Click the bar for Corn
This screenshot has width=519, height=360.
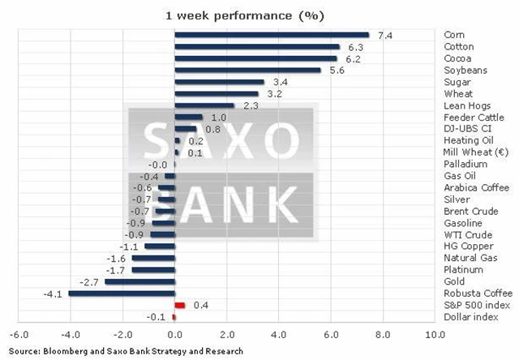(272, 35)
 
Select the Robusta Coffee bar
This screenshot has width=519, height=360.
(122, 293)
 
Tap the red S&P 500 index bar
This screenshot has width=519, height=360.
(180, 305)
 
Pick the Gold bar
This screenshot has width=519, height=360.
(139, 281)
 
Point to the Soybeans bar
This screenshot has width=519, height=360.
(248, 71)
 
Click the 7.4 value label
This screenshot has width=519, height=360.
(384, 35)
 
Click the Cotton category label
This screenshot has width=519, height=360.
(459, 46)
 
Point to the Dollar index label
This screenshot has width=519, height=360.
(470, 316)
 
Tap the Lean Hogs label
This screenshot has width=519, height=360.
(465, 105)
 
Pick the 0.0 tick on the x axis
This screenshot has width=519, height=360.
(174, 334)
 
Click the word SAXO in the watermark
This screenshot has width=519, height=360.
(219, 140)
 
